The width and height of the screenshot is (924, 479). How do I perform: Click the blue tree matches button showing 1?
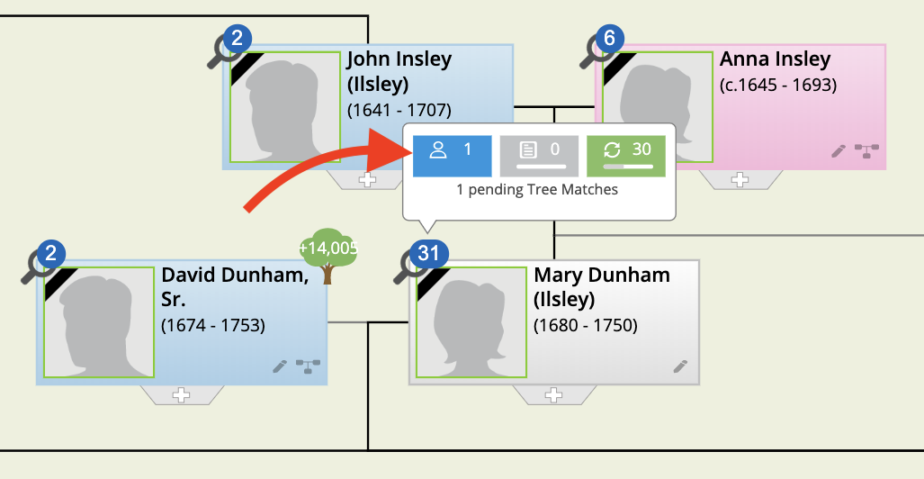(452, 156)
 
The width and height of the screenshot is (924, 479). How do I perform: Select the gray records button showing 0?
(539, 156)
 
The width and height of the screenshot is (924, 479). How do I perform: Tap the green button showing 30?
(626, 156)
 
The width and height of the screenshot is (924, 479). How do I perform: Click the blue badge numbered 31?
(429, 254)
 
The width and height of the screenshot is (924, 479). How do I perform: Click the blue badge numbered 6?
(609, 39)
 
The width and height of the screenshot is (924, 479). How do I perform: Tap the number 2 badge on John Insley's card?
(237, 39)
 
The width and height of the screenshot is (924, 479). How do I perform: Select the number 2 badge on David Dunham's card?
(50, 254)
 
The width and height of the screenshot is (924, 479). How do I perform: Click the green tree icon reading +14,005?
(328, 255)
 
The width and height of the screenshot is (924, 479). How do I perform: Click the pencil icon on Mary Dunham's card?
(680, 366)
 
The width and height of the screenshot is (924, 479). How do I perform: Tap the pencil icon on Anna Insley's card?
(838, 151)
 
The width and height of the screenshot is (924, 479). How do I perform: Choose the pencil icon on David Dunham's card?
(279, 366)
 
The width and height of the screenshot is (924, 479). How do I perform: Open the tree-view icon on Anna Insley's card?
(866, 151)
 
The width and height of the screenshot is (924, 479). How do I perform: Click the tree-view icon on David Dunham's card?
(308, 366)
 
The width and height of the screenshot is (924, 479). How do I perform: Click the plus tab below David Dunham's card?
(182, 395)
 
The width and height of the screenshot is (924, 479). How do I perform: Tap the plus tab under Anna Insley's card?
(740, 180)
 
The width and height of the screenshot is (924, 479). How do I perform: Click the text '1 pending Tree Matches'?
(537, 190)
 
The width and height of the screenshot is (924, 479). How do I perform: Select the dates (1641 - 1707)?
(399, 111)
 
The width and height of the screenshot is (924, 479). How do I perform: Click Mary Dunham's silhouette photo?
(471, 322)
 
